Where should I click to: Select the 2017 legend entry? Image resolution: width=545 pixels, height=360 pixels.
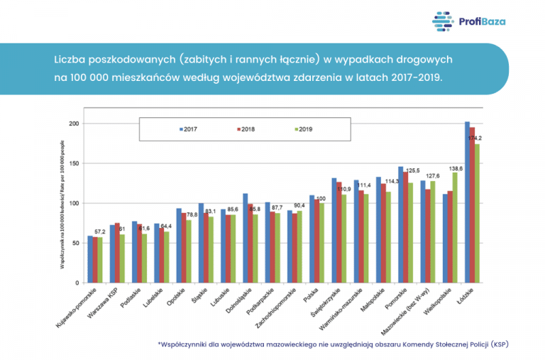[187, 129]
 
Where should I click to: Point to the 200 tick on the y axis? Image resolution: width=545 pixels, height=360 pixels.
[73, 124]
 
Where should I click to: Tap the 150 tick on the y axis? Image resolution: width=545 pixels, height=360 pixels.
[73, 163]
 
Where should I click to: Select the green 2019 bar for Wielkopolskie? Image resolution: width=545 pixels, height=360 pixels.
[455, 227]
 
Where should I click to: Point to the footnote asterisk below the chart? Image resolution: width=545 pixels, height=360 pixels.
[160, 344]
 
